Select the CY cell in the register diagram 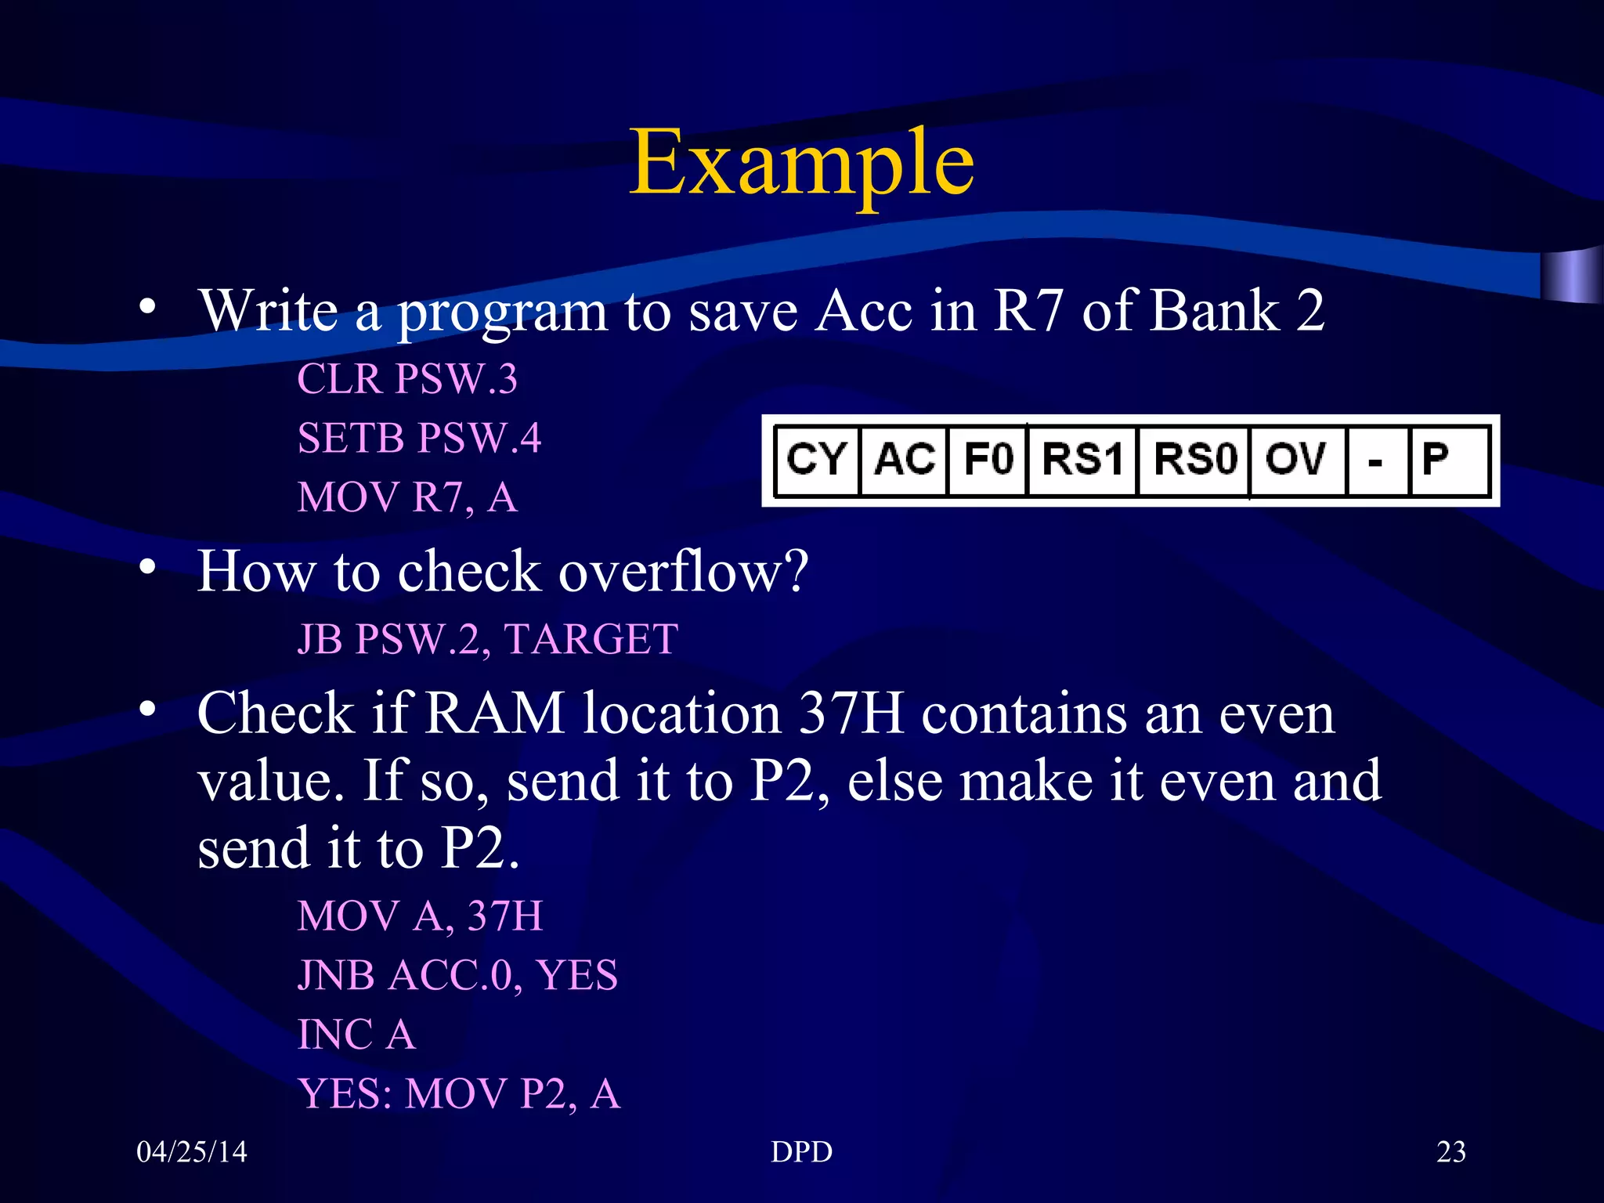pos(816,460)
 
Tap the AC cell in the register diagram pos(904,460)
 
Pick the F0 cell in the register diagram pos(988,460)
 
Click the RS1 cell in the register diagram pos(1082,460)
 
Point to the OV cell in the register pos(1296,460)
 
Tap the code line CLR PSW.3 pos(407,380)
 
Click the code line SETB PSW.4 pos(419,439)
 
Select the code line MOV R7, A pos(407,498)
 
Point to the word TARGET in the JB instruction pos(591,640)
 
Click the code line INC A pos(356,1035)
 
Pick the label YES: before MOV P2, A pos(345,1094)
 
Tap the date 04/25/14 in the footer pos(192,1152)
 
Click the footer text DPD pos(801,1152)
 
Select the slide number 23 pos(1451,1152)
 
